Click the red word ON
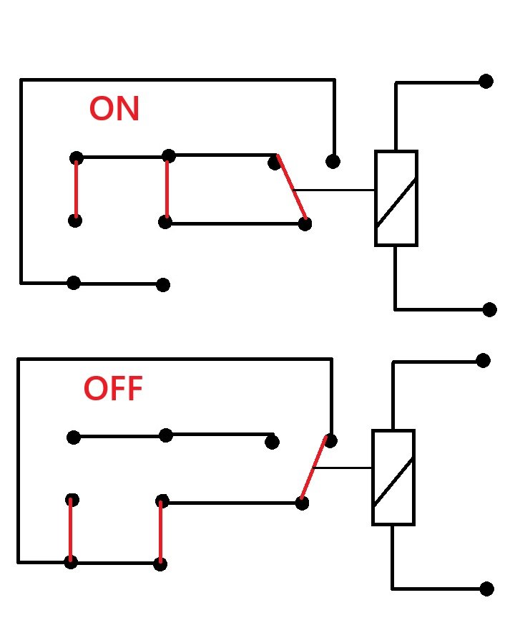tap(114, 108)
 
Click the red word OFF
tap(113, 388)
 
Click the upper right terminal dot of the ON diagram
tap(486, 81)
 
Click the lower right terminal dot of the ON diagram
tap(489, 309)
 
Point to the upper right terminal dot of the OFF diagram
tap(483, 360)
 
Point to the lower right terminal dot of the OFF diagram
tap(486, 589)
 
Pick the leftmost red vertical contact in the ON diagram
tap(76, 189)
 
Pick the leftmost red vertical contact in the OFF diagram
tap(71, 530)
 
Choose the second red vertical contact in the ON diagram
tap(167, 189)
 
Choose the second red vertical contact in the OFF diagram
tap(160, 532)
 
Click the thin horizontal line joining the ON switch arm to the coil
tap(334, 190)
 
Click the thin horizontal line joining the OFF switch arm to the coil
tap(343, 468)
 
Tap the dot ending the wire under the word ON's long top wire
tap(333, 162)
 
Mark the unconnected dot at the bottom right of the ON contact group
tap(163, 285)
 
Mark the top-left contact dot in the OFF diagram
tap(74, 438)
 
